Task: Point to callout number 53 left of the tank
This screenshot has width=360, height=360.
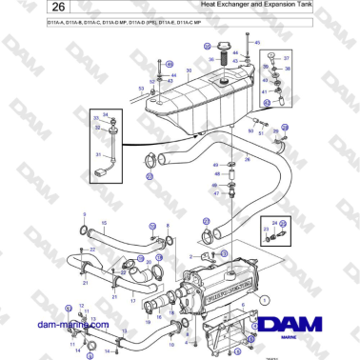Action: click(x=140, y=89)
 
